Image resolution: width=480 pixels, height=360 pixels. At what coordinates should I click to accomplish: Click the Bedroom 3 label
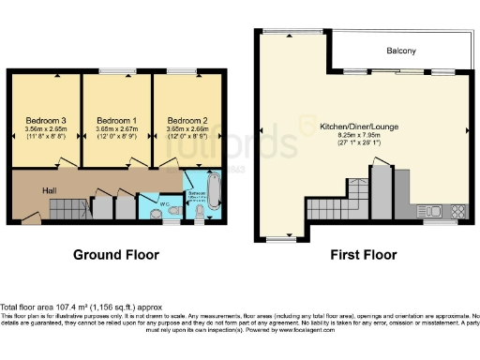coord(45,121)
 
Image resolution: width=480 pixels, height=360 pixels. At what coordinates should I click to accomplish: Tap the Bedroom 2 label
coord(186,121)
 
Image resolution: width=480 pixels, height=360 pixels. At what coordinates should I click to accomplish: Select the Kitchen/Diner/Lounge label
coord(358,127)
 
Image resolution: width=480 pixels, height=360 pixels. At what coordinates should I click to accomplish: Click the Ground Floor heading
coord(116,254)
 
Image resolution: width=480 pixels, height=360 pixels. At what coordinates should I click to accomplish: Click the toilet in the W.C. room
coord(154,212)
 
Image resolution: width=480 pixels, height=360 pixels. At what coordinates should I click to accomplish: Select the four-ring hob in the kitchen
coord(458,209)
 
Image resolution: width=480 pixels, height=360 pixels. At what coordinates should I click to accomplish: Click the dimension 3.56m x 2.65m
coord(45,130)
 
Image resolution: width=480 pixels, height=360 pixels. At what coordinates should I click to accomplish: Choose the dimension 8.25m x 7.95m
coord(358,136)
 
